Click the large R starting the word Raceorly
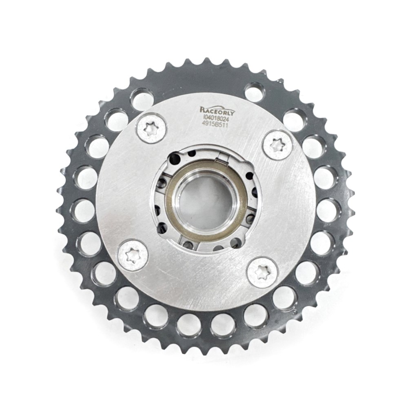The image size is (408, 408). [x=202, y=110]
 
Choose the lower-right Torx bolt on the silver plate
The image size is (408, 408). [x=261, y=272]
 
